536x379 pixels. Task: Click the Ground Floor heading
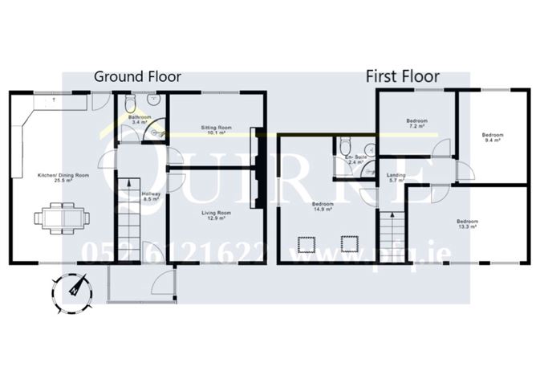(x=137, y=77)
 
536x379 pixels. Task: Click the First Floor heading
(x=403, y=77)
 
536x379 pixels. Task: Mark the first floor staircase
(x=389, y=230)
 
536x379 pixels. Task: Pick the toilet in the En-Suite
(x=344, y=147)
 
